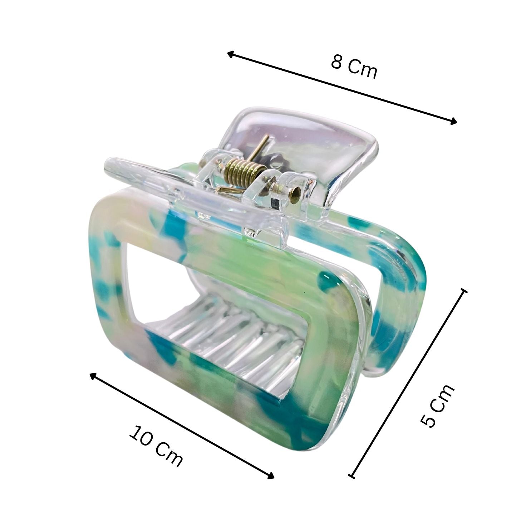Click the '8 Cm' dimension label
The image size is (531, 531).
click(353, 67)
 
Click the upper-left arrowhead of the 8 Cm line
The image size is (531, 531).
click(230, 54)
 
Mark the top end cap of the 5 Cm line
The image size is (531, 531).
click(464, 291)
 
